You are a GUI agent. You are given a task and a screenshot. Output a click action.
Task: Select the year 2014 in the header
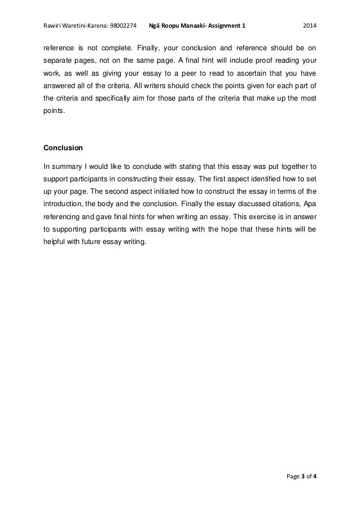pyautogui.click(x=310, y=26)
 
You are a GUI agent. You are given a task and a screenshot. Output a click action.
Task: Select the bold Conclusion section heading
pyautogui.click(x=63, y=149)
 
